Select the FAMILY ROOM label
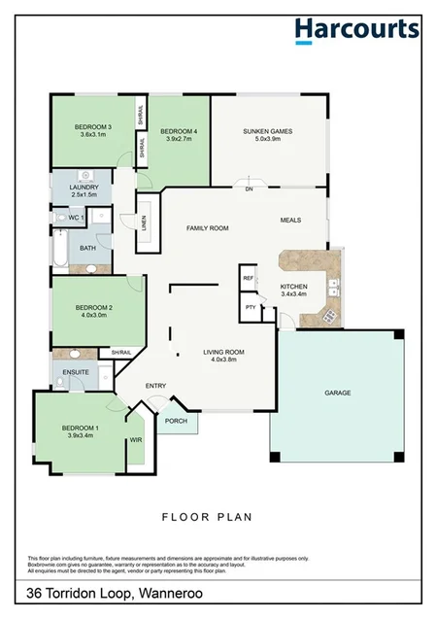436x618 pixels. [x=207, y=227]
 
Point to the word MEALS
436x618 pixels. [x=289, y=221]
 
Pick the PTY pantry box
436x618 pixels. [x=250, y=307]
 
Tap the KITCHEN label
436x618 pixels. [x=293, y=288]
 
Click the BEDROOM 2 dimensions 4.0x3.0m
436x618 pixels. [x=95, y=316]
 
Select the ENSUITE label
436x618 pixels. [x=76, y=371]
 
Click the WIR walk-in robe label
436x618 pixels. [x=135, y=440]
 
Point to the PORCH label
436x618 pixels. [x=176, y=421]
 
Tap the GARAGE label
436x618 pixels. [x=337, y=394]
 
